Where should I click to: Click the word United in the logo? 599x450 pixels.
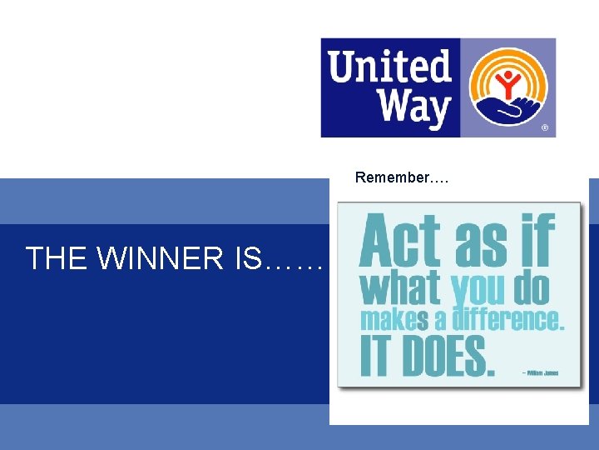[x=389, y=65]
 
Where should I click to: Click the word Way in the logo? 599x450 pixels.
[x=413, y=108]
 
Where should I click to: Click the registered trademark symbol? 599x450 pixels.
[x=545, y=128]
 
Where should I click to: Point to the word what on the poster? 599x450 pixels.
[x=400, y=288]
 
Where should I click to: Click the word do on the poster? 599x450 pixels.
[x=532, y=288]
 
